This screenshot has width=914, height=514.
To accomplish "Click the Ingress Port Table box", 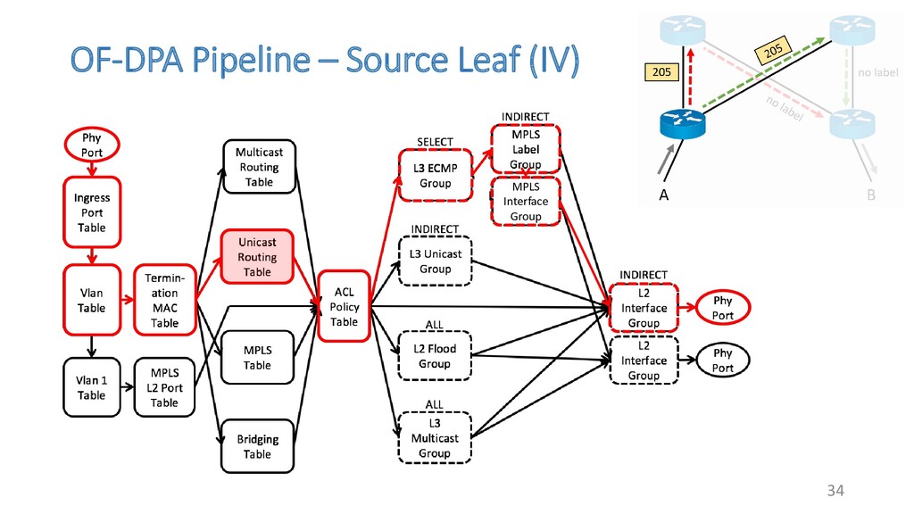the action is point(92,212).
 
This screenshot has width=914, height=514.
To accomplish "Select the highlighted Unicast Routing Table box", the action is point(257,257).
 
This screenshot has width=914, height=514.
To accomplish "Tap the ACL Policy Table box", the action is point(344,306).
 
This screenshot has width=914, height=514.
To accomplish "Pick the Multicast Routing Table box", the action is point(260,167).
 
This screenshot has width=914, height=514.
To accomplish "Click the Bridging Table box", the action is point(258,446).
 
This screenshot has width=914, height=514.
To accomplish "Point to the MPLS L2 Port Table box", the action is point(164,387).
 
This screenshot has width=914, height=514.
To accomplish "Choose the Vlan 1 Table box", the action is point(92,387).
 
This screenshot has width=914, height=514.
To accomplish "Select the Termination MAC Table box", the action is point(165,300).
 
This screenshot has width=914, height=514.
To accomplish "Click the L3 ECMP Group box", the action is point(436,176).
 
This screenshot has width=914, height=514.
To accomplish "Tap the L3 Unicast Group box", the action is point(436,261).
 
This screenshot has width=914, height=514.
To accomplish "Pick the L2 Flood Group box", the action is point(435,356).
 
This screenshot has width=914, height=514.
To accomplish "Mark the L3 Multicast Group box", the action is point(435,438).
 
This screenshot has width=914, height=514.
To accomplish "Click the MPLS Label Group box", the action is point(526,149).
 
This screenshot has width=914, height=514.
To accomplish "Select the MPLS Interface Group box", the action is point(526,201).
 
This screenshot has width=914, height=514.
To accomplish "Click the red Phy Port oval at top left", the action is point(92,145).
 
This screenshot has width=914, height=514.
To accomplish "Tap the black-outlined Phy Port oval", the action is point(723,361).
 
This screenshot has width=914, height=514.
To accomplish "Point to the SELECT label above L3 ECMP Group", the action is point(435,142).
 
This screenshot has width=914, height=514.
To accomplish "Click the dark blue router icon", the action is point(683,123).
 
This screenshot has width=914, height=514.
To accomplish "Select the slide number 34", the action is point(835,490).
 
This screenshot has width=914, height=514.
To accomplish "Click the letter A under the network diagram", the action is point(663,195).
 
